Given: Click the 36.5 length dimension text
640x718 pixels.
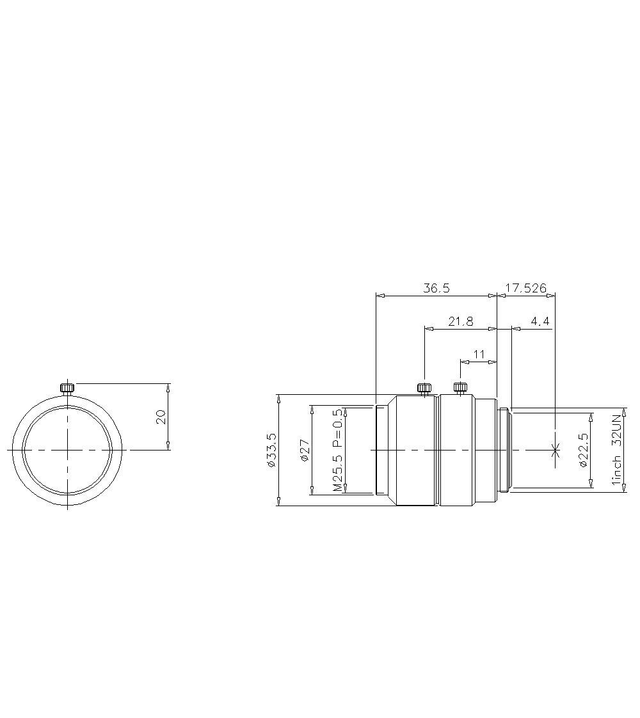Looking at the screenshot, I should (x=436, y=289).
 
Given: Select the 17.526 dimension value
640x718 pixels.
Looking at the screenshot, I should (x=525, y=289).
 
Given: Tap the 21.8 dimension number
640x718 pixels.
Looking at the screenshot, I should (x=460, y=322).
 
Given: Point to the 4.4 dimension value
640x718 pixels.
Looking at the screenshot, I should (x=540, y=322).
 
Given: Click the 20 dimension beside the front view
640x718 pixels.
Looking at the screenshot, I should (x=161, y=417).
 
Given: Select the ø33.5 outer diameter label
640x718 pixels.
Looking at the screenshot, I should (x=271, y=450).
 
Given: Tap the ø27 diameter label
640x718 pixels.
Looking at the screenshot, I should (x=305, y=450).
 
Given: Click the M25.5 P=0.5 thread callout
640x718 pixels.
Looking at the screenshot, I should (x=338, y=450).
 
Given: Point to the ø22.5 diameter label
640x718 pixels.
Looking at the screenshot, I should (x=583, y=450).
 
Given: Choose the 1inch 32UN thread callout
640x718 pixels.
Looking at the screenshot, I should (x=617, y=450).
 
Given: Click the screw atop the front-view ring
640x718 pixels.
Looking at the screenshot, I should (x=67, y=387).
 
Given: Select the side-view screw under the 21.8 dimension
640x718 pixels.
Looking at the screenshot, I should (x=424, y=387).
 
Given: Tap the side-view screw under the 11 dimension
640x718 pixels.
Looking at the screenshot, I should (x=460, y=387).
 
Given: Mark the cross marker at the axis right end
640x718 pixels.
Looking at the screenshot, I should (x=554, y=450).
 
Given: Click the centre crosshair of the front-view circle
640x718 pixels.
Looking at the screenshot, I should (x=67, y=450).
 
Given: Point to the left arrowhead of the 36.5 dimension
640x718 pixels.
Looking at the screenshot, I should (x=380, y=296).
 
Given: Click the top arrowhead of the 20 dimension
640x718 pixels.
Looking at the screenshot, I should (x=168, y=387).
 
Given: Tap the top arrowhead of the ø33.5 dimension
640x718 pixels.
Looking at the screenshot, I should (x=278, y=397).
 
